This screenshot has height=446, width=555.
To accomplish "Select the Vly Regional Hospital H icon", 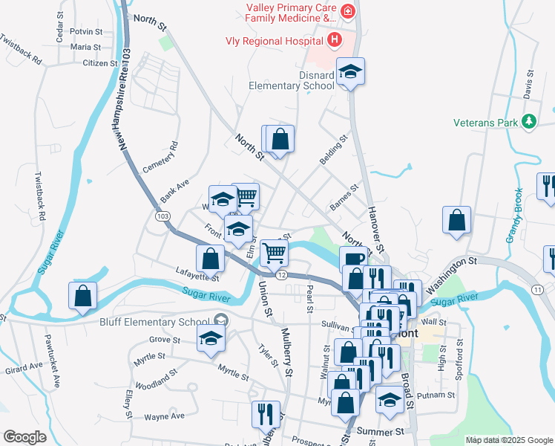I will click(x=335, y=39).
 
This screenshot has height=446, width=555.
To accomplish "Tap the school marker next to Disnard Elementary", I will click(x=351, y=71).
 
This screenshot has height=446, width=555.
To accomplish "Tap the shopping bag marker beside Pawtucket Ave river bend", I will click(x=83, y=294).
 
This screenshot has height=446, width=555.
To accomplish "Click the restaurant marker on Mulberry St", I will click(x=266, y=413).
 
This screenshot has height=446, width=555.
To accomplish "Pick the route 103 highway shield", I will click(x=161, y=215).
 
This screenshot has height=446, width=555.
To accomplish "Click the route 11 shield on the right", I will click(x=538, y=288).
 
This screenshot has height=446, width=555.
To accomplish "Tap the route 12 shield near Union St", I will click(x=282, y=275).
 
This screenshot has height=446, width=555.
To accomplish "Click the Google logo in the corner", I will click(x=24, y=437).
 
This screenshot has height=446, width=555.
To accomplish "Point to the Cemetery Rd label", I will click(x=160, y=158).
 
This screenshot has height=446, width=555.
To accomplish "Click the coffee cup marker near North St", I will click(x=354, y=259).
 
